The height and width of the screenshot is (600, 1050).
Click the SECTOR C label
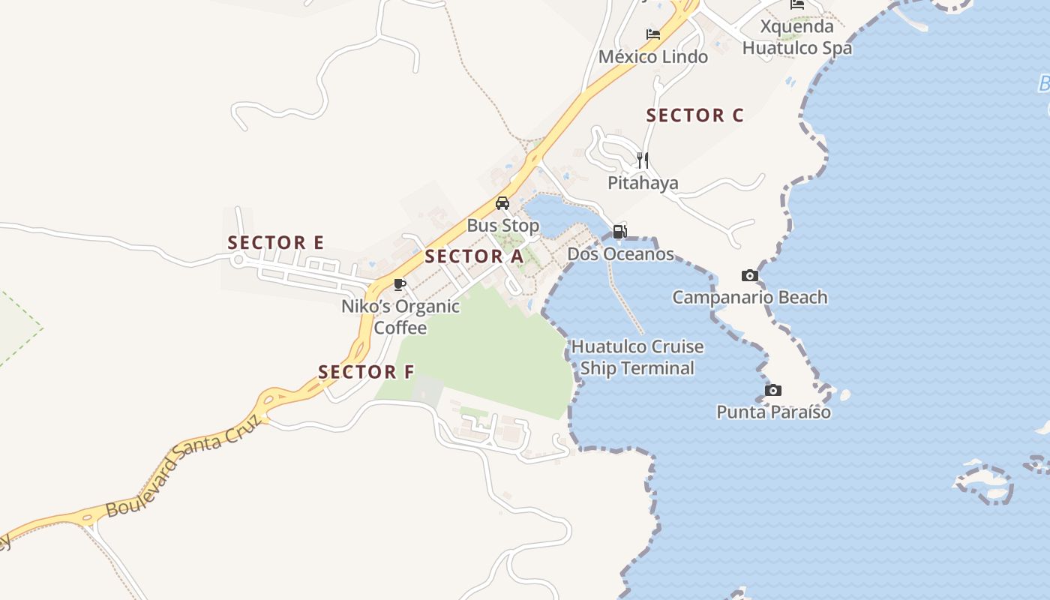click(694, 115)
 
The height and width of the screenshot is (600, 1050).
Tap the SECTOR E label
click(276, 243)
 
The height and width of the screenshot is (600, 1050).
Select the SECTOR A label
click(474, 256)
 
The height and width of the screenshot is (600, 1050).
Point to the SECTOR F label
click(366, 372)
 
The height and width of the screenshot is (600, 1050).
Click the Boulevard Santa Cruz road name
click(184, 466)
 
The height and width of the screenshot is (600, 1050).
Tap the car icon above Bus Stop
click(502, 203)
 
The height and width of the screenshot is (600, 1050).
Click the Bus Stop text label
click(502, 226)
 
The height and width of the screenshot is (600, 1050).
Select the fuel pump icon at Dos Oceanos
click(619, 232)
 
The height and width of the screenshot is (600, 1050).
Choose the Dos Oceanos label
click(620, 254)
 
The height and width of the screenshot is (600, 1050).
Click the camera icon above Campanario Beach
click(749, 275)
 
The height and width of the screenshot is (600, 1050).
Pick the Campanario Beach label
click(749, 297)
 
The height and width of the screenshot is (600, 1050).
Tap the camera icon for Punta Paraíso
click(773, 390)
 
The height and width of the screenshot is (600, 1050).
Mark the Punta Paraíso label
click(773, 412)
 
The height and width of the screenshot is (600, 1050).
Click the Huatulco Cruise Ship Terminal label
click(637, 358)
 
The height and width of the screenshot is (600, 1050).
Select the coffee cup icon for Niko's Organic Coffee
click(400, 284)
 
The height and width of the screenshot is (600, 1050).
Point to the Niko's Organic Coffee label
click(400, 317)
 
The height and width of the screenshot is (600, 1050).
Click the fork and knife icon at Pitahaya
click(642, 160)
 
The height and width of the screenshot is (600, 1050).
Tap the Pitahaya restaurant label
click(643, 183)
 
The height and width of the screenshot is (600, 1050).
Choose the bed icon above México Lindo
click(653, 34)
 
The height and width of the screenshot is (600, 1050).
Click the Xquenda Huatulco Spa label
click(797, 37)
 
